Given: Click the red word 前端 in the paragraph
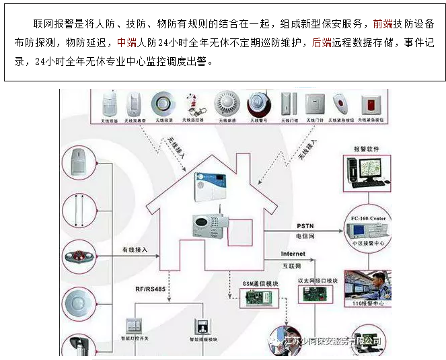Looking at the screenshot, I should coord(383,25).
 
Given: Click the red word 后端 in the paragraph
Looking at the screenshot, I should coord(322,42).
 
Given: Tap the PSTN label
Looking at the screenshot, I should coord(305,225).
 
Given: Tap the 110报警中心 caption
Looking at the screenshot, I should coord(367,303).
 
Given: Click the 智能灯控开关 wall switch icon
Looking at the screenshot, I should coord(137,327).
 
